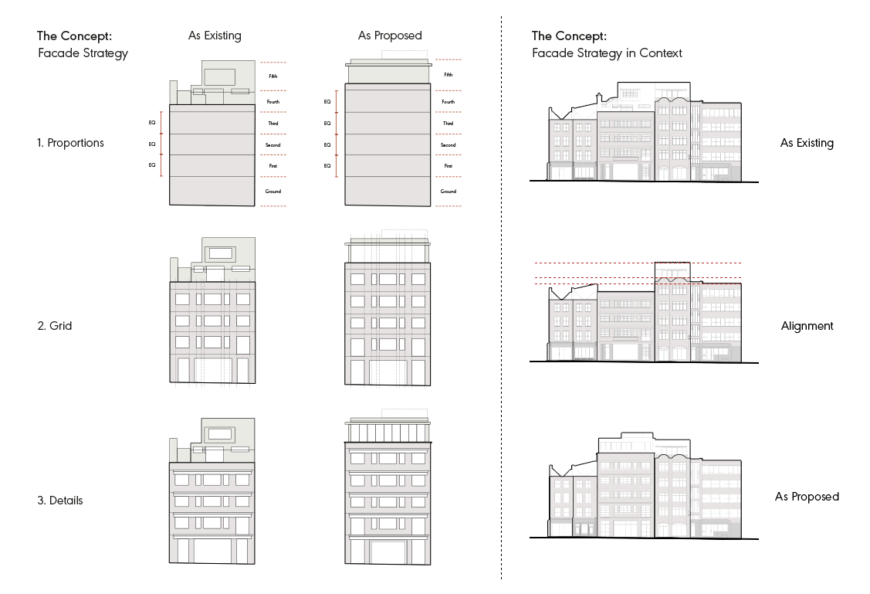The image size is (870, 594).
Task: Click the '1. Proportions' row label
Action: (x=70, y=143)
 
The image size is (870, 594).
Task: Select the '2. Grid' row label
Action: (x=54, y=326)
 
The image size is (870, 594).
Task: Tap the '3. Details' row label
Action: (x=60, y=501)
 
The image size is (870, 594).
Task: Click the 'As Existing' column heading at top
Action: (x=215, y=36)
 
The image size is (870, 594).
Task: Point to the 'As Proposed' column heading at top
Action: (x=390, y=36)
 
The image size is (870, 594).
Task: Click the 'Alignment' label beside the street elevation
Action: (x=807, y=326)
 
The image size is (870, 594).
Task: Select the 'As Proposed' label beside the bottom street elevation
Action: (x=807, y=497)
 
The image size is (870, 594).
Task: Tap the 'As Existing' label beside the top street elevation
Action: (x=807, y=143)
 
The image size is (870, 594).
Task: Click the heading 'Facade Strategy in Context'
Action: (x=607, y=53)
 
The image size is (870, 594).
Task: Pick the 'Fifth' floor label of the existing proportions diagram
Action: (x=273, y=76)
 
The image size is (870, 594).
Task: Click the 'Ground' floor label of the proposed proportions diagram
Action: (x=449, y=191)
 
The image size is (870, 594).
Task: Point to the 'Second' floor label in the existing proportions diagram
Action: (x=273, y=145)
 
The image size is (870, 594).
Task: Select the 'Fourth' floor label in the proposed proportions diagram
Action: (x=449, y=102)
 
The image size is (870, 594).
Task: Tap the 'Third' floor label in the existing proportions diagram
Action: (x=273, y=124)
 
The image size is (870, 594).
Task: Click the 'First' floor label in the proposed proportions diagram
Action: (x=449, y=166)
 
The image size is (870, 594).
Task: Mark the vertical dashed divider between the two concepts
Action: (x=502, y=297)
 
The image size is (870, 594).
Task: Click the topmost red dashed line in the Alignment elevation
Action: (x=638, y=263)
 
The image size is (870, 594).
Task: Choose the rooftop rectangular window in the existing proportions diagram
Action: (x=220, y=76)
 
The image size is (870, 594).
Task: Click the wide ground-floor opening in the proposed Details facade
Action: (x=388, y=552)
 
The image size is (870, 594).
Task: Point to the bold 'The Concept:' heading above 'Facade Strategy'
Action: (x=74, y=36)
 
